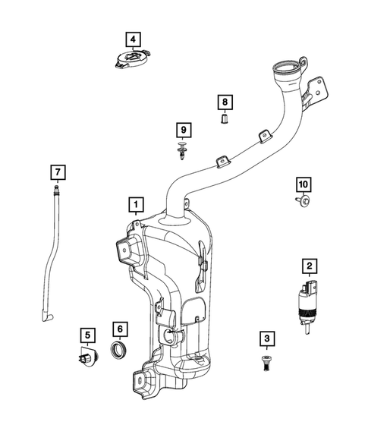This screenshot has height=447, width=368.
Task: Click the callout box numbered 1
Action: pyautogui.click(x=135, y=204)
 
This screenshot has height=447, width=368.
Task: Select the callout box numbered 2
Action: pyautogui.click(x=309, y=266)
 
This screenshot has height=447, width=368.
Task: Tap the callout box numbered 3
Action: pyautogui.click(x=266, y=338)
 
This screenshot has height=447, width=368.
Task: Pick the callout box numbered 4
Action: pyautogui.click(x=133, y=38)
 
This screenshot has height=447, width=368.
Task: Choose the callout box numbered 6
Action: pyautogui.click(x=120, y=329)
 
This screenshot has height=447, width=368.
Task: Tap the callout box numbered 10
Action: pyautogui.click(x=303, y=185)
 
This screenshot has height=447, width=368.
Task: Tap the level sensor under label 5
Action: pyautogui.click(x=86, y=357)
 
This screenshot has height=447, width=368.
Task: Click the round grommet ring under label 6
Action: pyautogui.click(x=120, y=353)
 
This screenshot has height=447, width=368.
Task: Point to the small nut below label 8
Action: pyautogui.click(x=224, y=119)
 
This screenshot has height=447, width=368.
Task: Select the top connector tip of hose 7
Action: pyautogui.click(x=55, y=187)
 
